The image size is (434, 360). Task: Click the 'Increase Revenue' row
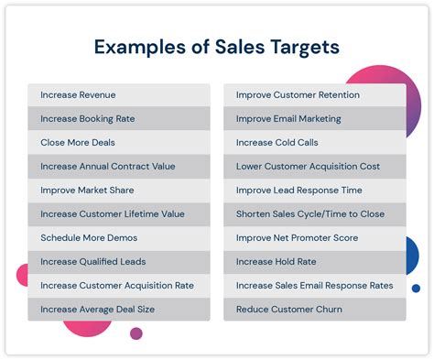119,94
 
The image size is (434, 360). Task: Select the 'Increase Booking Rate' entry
119,118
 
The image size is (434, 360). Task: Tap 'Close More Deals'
119,142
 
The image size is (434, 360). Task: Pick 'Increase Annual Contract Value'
119,166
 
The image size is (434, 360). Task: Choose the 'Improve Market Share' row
119,190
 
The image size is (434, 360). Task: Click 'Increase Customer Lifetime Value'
119,213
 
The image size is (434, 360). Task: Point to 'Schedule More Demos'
119,237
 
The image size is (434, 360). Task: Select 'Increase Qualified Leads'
119,261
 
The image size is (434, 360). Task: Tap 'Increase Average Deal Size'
119,309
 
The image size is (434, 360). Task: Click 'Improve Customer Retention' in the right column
314,94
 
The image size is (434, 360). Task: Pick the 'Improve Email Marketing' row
314,118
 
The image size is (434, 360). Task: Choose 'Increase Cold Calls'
314,142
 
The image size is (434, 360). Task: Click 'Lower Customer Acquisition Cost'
314,166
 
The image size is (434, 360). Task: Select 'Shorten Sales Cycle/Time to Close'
314,213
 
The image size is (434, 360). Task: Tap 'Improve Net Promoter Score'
314,237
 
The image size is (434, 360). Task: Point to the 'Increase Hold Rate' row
314,261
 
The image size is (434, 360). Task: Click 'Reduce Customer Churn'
314,309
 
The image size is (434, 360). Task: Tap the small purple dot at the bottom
136,333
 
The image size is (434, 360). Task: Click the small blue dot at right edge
416,288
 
